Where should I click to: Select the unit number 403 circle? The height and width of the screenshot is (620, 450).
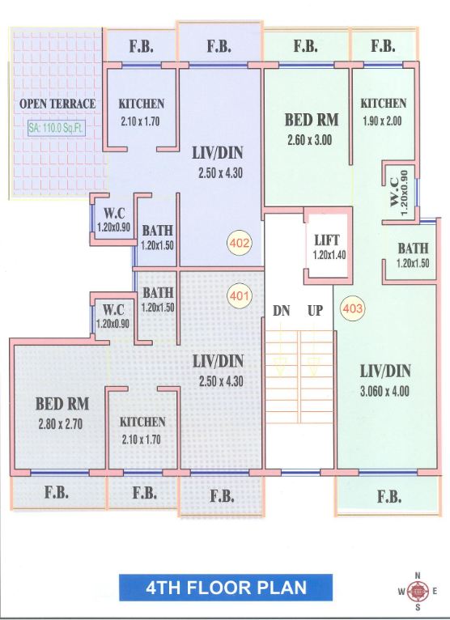(352, 308)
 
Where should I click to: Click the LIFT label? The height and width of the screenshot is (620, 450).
(328, 240)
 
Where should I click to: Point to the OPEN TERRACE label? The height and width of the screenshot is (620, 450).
(57, 104)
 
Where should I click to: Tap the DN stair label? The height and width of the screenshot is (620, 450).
(281, 310)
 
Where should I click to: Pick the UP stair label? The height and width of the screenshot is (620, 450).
(315, 310)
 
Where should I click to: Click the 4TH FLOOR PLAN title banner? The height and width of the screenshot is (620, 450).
(214, 587)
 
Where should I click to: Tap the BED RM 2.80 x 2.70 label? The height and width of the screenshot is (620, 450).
(62, 403)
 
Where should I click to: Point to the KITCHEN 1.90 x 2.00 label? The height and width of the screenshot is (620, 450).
(384, 104)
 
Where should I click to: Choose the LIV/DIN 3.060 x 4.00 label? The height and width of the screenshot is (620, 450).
(385, 372)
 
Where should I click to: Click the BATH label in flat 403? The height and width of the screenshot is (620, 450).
(413, 248)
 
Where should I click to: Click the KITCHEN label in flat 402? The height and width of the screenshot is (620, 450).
(142, 104)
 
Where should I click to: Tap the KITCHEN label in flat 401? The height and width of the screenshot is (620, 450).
(142, 422)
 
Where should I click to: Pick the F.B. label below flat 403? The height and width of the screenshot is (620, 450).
(388, 495)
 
